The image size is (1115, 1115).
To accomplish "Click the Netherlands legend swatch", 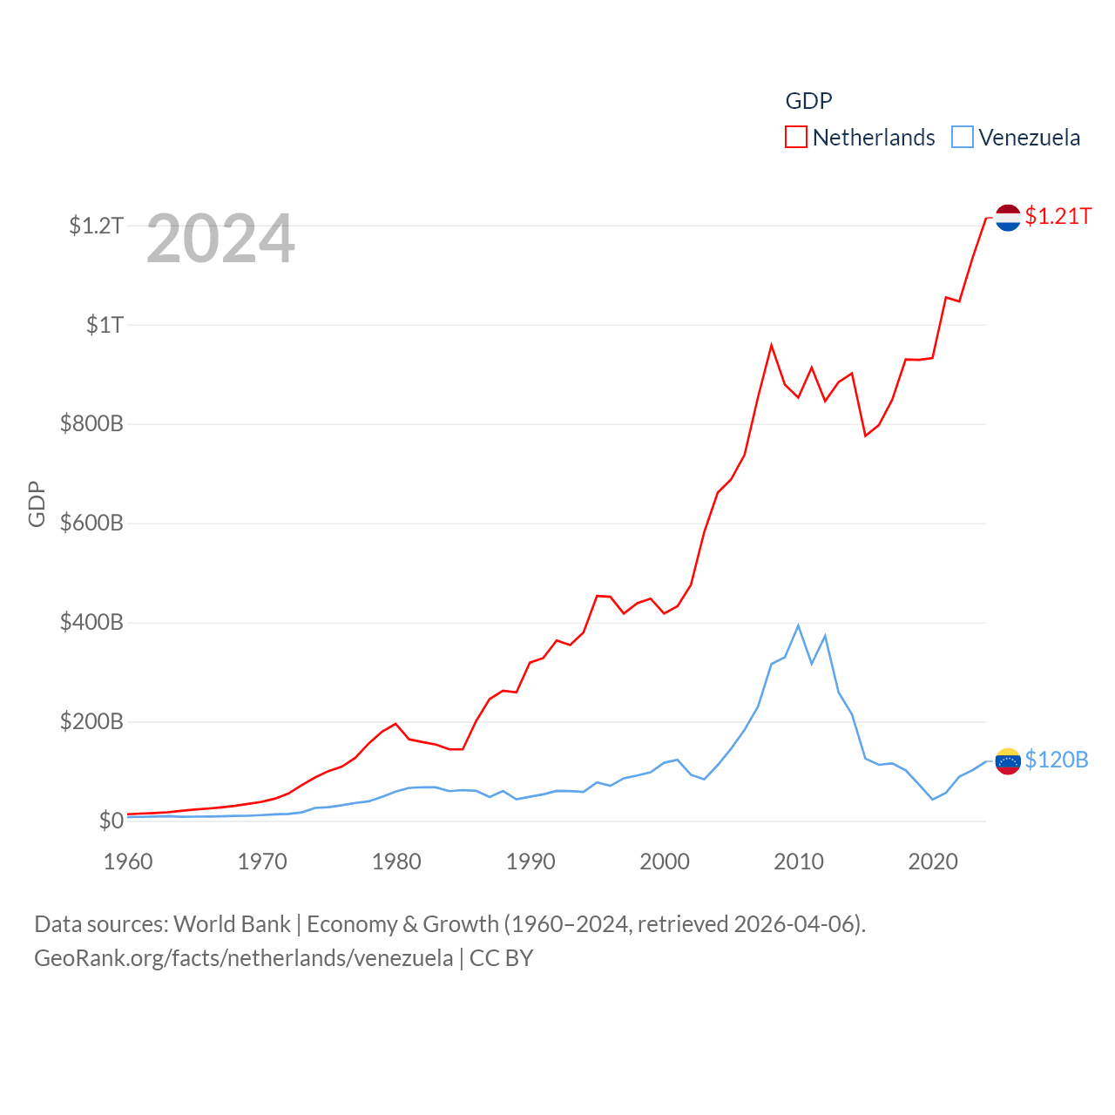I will pos(796,138).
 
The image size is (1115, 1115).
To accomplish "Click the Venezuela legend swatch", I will pos(962,138).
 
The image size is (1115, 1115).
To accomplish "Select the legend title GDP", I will pos(808,101).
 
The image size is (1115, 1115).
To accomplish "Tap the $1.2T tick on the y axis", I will pos(96,226).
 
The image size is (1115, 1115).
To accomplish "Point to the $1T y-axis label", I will pos(105,325).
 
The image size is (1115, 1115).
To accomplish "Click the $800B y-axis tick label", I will pos(91,424).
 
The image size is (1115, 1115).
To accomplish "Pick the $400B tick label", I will pos(91,623).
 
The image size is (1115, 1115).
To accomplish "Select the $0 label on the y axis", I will pos(111,821).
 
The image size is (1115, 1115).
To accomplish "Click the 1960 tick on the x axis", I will pos(128,862).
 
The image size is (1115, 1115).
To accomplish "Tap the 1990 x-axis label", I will pos(530,862).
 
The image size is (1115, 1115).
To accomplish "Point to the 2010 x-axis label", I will pos(799,862).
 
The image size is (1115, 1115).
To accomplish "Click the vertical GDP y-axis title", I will pos(37,503).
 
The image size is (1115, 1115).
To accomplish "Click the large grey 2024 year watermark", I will pos(220,239).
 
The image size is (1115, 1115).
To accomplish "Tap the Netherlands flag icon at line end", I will pos(1008,218).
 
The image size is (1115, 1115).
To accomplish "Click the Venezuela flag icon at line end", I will pos(1008,761).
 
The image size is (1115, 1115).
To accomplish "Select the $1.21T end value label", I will pos(1058,216).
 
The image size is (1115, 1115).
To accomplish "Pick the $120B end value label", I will pos(1057,760).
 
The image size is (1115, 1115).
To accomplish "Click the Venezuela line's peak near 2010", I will pos(798,625).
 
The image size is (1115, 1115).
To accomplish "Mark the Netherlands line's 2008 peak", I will pos(771,346).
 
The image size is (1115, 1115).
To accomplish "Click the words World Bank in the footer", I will pos(232,923).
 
